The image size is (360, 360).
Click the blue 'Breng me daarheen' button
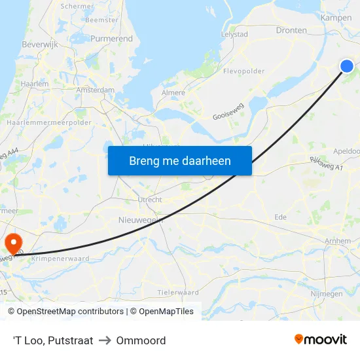click(179, 160)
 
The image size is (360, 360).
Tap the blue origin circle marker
click(347, 65)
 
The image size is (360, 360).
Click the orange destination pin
click(13, 243)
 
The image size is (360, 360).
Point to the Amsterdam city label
click(95, 90)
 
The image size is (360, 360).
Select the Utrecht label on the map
click(150, 200)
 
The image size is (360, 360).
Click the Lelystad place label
click(234, 34)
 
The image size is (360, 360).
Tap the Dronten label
click(291, 30)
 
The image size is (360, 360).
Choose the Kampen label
click(336, 18)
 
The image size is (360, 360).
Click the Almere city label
click(173, 93)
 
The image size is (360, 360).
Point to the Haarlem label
click(35, 84)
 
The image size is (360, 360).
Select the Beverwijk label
click(41, 45)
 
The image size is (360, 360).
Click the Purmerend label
click(112, 39)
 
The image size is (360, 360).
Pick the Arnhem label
click(338, 242)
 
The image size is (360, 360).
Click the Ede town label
click(280, 217)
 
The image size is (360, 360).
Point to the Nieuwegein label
click(140, 220)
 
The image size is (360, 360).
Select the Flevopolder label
click(243, 71)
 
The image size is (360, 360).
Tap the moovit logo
click(320, 339)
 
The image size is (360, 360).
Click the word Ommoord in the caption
click(141, 340)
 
